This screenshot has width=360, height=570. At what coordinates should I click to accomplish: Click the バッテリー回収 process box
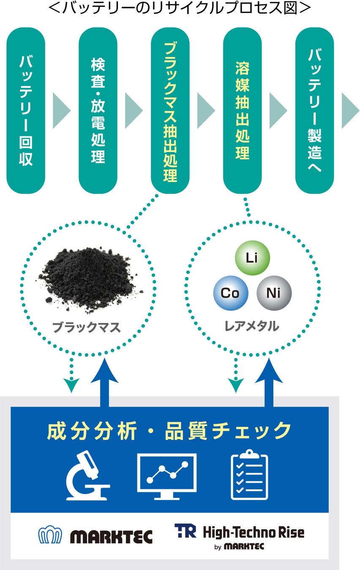click(x=26, y=111)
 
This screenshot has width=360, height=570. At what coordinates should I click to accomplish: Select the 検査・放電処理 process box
click(x=98, y=111)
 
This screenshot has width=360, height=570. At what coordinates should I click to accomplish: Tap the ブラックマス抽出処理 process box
click(x=170, y=111)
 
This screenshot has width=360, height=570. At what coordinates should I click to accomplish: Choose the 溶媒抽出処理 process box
click(x=242, y=111)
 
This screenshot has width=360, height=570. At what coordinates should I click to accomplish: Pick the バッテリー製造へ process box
click(x=314, y=111)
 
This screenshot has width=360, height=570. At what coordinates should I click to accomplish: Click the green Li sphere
click(x=252, y=258)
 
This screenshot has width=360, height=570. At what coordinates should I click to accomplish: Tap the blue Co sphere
click(x=231, y=293)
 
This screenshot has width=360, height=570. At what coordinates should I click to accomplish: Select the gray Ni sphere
click(x=274, y=293)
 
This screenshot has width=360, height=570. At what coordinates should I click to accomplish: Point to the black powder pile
click(x=90, y=281)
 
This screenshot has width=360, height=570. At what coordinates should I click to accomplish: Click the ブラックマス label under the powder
click(x=87, y=328)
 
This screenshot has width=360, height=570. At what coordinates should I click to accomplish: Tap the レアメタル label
click(x=252, y=326)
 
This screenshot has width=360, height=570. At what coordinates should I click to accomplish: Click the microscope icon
click(x=87, y=476)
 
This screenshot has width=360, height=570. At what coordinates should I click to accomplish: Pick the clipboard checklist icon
click(x=249, y=476)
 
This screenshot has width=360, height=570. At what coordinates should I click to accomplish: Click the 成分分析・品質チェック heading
click(x=169, y=431)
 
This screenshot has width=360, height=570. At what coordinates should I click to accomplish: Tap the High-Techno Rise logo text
click(x=253, y=532)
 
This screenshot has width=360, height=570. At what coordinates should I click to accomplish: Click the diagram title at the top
click(x=180, y=8)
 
